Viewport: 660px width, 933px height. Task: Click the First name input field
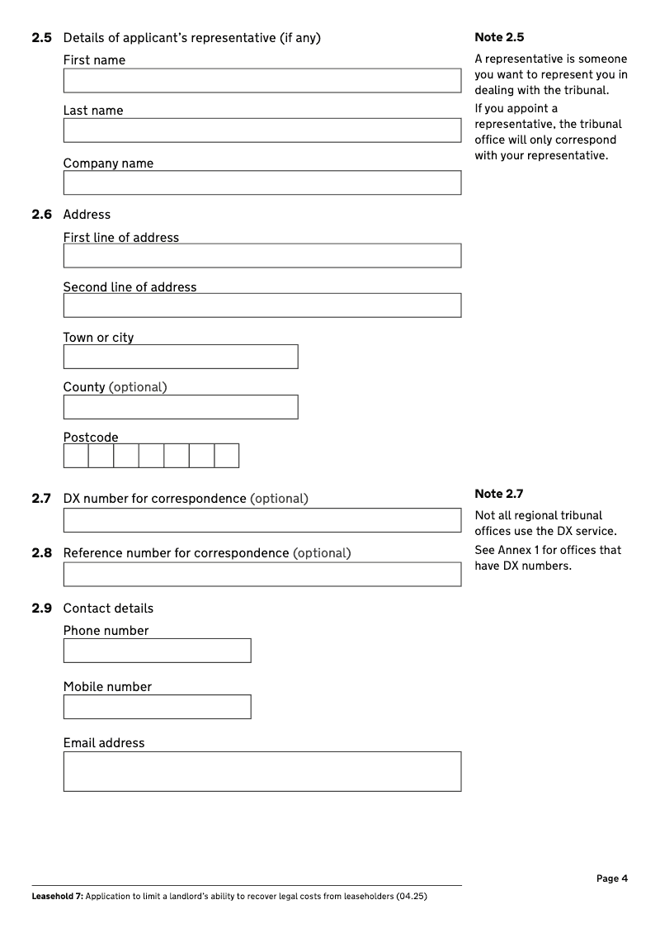(x=262, y=81)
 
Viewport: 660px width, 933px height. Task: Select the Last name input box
(x=262, y=130)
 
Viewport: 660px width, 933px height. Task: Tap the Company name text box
(x=262, y=182)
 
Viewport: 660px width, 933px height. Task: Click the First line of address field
(x=262, y=256)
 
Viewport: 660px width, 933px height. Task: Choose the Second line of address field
(x=262, y=305)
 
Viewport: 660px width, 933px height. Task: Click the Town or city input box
(x=180, y=357)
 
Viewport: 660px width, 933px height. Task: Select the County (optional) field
(x=180, y=407)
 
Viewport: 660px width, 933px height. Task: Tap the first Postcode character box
(x=76, y=456)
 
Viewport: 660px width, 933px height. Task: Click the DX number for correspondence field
(x=262, y=520)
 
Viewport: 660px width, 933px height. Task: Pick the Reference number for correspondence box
(x=262, y=575)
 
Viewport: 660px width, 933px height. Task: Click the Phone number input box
(x=157, y=651)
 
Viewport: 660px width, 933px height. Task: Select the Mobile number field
(x=157, y=707)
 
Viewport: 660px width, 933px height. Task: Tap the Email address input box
(x=262, y=771)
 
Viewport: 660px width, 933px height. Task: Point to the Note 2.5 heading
(x=499, y=37)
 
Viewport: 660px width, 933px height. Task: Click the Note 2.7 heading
(x=499, y=494)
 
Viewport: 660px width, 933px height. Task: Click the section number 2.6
(x=41, y=215)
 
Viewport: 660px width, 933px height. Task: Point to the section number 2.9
(x=41, y=609)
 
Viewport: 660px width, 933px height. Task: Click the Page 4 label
(x=611, y=879)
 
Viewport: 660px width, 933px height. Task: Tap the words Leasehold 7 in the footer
(x=56, y=896)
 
